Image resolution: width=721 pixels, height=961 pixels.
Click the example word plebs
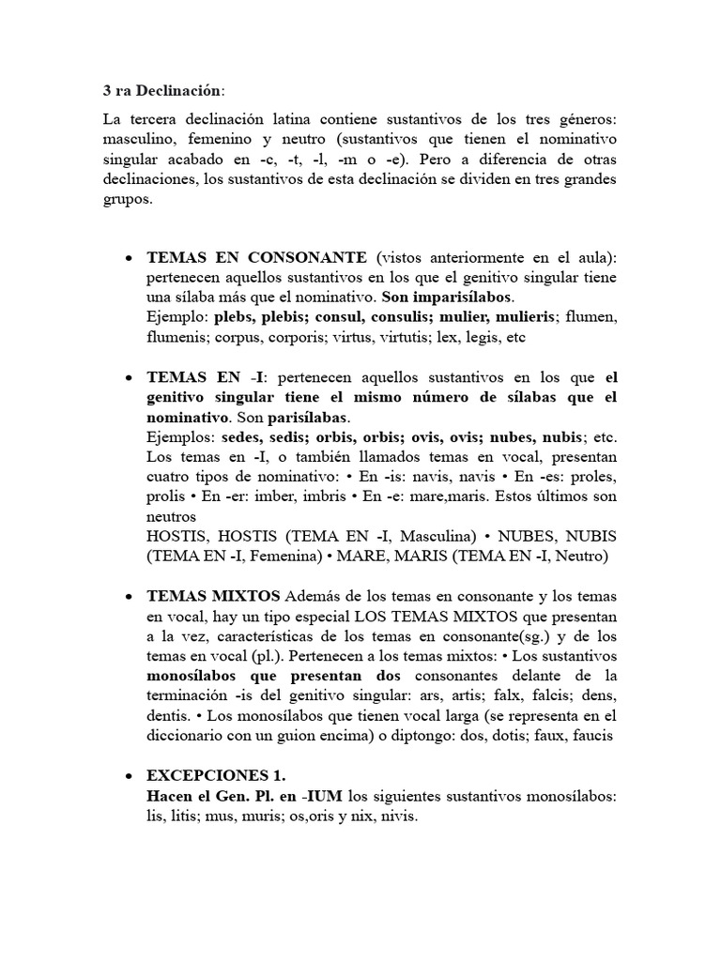point(233,318)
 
